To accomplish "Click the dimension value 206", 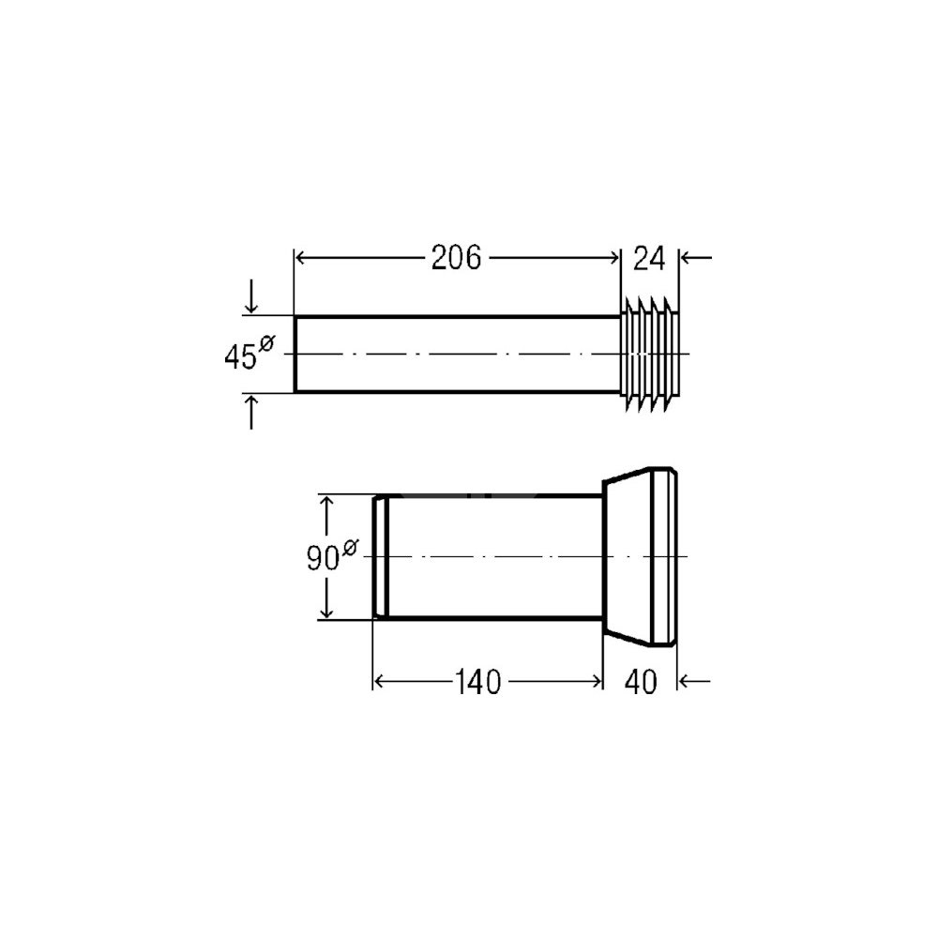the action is (456, 259).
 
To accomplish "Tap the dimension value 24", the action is (649, 259).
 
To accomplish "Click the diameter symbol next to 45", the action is (266, 344).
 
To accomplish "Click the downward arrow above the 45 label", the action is (251, 296).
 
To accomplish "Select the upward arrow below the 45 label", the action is (251, 412).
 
